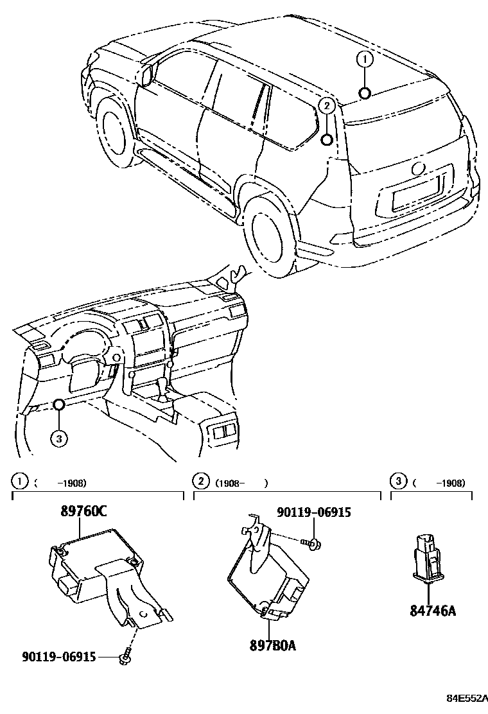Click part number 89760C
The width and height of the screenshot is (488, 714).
click(x=83, y=511)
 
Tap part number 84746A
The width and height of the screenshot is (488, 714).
click(x=432, y=610)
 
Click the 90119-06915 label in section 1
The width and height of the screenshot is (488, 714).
click(x=58, y=657)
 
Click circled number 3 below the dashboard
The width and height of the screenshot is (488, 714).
click(x=58, y=439)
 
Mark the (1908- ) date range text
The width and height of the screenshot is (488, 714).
click(x=241, y=482)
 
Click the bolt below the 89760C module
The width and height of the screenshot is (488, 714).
click(x=125, y=658)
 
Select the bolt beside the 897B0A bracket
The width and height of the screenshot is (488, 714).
click(x=313, y=544)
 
